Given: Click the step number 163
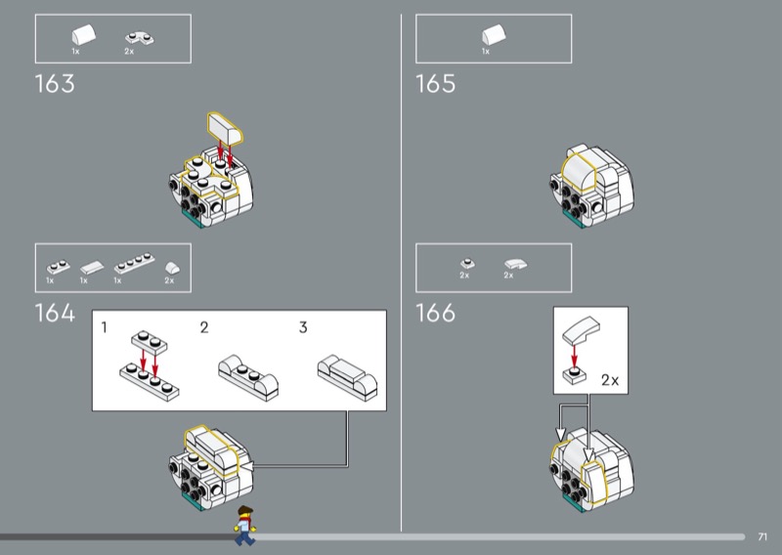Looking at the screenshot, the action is click(55, 84).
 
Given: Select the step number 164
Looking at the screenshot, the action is click(55, 313).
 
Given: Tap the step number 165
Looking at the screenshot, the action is click(435, 84).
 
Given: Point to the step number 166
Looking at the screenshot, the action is click(435, 313).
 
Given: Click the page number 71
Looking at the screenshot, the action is click(762, 536).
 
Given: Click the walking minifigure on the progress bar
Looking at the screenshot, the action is click(244, 526).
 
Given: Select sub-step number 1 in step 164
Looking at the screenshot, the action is click(104, 327).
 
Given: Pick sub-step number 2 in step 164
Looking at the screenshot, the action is click(204, 327).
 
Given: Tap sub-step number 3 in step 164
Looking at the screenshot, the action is click(303, 327).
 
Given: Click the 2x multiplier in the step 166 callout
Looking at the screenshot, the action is click(609, 380).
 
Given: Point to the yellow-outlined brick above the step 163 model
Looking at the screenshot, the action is click(225, 128).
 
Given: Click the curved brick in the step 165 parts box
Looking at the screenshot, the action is click(494, 35).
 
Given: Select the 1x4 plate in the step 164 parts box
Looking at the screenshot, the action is click(134, 263).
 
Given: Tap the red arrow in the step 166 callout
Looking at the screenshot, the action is click(575, 356).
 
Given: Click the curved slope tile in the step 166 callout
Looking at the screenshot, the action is click(581, 330).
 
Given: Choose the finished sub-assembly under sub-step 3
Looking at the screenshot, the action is click(348, 377).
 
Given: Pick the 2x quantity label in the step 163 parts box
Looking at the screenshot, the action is click(129, 52).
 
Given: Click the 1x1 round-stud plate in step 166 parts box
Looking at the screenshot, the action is click(467, 263).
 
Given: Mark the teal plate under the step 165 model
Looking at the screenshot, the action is click(574, 219).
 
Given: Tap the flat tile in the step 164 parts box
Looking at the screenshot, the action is click(92, 268).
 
